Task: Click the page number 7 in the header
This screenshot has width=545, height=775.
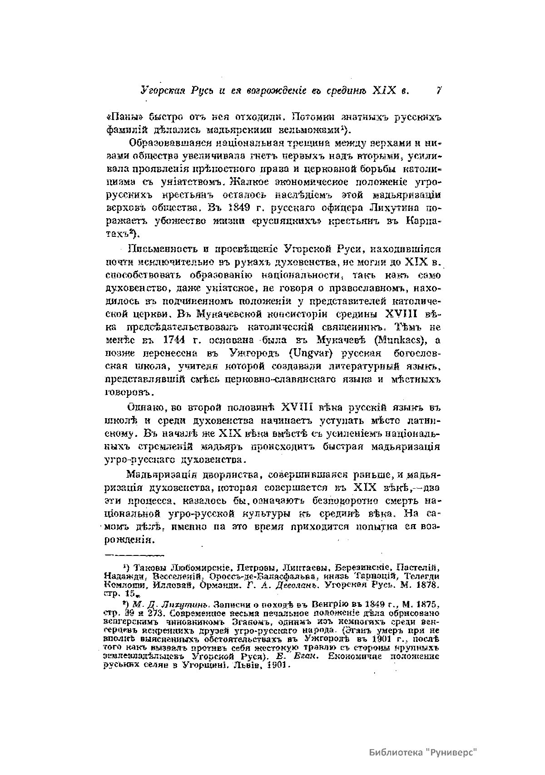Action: (439, 90)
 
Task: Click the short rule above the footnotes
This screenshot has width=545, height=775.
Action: (135, 555)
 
